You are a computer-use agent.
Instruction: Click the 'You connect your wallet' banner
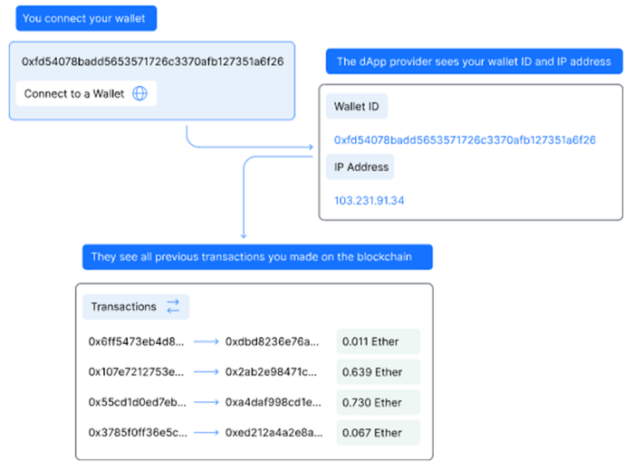coord(86,18)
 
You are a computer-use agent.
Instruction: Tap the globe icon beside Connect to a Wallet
coord(139,93)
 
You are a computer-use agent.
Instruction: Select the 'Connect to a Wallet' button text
coord(74,94)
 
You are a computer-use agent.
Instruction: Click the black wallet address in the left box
coord(152,62)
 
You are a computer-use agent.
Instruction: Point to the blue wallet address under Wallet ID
coord(465,139)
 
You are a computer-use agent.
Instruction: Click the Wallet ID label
coord(356,106)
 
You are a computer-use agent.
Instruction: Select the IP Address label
coord(361,167)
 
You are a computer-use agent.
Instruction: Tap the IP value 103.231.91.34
coord(369,200)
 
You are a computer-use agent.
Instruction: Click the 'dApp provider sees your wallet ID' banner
coord(475,62)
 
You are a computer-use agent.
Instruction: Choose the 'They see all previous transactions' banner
coord(257,257)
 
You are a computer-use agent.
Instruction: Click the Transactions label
coord(123,307)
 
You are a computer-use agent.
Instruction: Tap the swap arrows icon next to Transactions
coord(173,306)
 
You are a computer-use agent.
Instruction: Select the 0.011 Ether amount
coord(370,342)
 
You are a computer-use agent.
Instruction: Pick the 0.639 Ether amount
coord(372,372)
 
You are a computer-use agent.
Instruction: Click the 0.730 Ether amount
coord(372,402)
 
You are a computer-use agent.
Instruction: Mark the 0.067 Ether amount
coord(372,433)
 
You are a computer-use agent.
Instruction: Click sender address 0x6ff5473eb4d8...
coord(136,342)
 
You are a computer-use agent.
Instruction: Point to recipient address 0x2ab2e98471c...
coord(271,372)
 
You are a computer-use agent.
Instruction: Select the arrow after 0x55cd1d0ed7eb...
coord(207,402)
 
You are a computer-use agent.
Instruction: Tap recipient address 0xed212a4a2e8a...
coord(274,433)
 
